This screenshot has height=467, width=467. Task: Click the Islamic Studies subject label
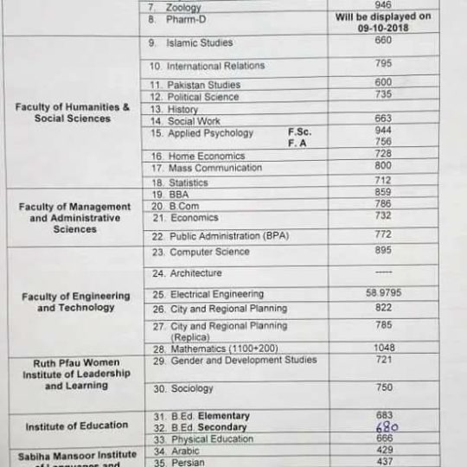pos(199,42)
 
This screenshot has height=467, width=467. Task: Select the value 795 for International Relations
pos(383,63)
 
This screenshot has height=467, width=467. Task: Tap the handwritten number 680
pos(386,427)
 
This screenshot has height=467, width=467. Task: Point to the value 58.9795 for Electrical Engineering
pos(383,293)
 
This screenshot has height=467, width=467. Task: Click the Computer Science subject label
pos(208,253)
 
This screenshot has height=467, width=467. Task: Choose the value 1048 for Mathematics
pos(383,348)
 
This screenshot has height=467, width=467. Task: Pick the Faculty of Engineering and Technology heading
pos(76,302)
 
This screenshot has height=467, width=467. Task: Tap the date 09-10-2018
pos(383,27)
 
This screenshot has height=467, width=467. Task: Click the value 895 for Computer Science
pos(383,250)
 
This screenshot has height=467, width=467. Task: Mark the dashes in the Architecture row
pos(383,272)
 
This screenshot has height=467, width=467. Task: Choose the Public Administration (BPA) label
pos(228,235)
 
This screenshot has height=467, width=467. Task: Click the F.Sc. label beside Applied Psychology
pos(299,132)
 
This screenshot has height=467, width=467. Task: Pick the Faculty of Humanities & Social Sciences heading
pos(73,112)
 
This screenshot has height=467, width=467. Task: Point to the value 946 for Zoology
pos(383,5)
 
